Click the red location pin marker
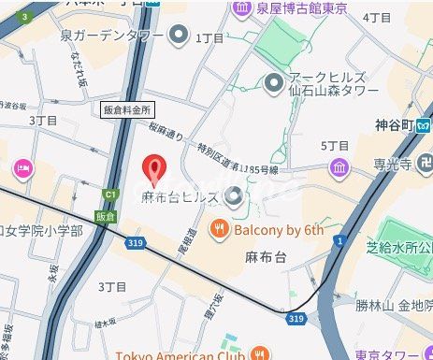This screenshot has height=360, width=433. tap(155, 170)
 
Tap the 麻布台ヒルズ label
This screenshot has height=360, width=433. tap(180, 197)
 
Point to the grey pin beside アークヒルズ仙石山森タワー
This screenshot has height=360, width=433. tap(273, 84)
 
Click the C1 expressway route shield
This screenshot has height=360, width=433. tap(110, 194)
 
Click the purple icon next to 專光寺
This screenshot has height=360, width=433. tap(339, 168)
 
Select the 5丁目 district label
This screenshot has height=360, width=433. tap(334, 146)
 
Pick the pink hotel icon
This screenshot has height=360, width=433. tap(21, 168)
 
